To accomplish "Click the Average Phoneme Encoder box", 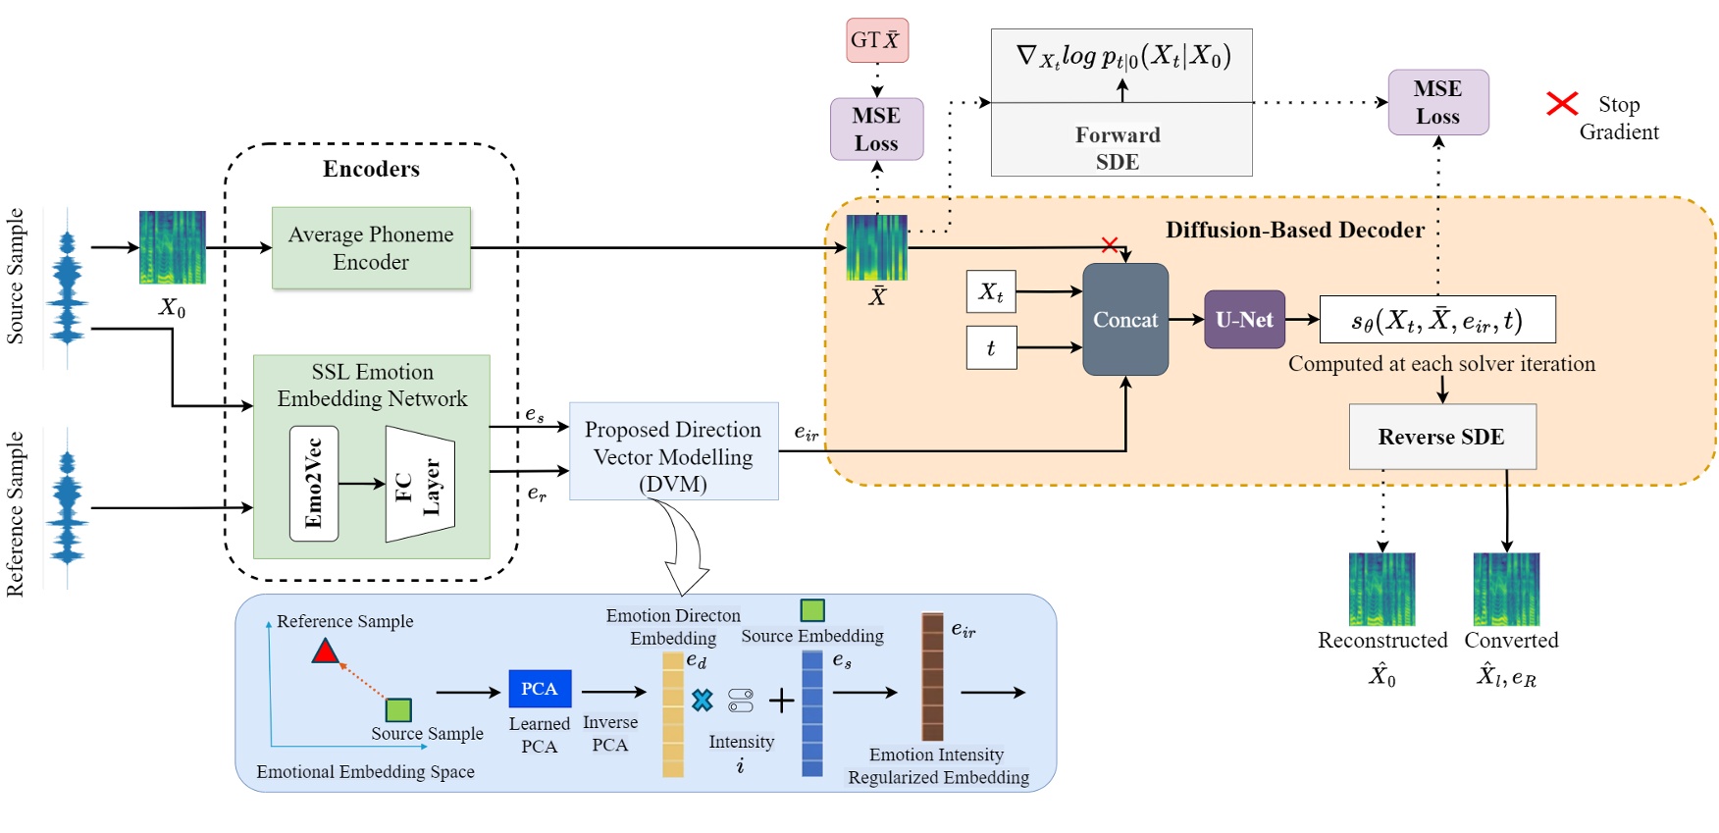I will pyautogui.click(x=371, y=247).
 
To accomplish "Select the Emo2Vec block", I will pyautogui.click(x=314, y=483).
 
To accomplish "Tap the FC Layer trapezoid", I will pyautogui.click(x=420, y=484).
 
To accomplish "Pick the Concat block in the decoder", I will pyautogui.click(x=1125, y=319).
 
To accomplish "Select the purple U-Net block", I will pyautogui.click(x=1244, y=319).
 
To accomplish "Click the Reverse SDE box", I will pyautogui.click(x=1441, y=437).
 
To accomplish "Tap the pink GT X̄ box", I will pyautogui.click(x=877, y=40).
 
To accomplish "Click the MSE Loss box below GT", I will pyautogui.click(x=876, y=129).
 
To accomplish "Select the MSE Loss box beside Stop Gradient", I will pyautogui.click(x=1437, y=102).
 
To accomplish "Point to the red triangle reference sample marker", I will pyautogui.click(x=326, y=651).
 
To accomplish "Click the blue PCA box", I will pyautogui.click(x=540, y=689).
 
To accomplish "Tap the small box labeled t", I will pyautogui.click(x=991, y=347).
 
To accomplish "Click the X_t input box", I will pyautogui.click(x=991, y=291).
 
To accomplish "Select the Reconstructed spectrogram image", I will pyautogui.click(x=1381, y=589).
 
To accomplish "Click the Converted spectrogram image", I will pyautogui.click(x=1506, y=589).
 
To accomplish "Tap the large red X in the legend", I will pyautogui.click(x=1561, y=103).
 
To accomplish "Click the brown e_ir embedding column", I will pyautogui.click(x=932, y=677).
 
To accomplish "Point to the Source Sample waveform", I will pyautogui.click(x=67, y=286).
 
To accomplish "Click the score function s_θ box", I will pyautogui.click(x=1436, y=320).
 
